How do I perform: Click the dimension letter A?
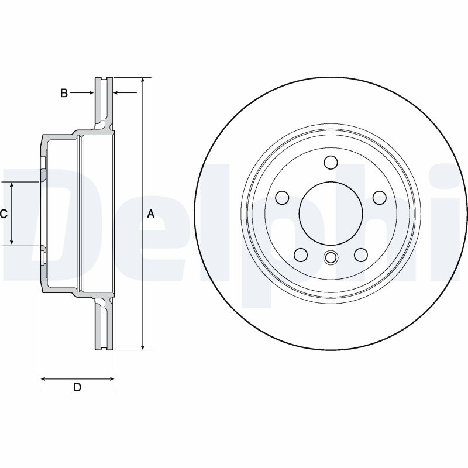pyautogui.click(x=150, y=214)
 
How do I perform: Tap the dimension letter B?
pyautogui.click(x=64, y=92)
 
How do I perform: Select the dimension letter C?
pyautogui.click(x=4, y=214)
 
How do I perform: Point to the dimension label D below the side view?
pyautogui.click(x=77, y=387)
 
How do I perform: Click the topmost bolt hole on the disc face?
pyautogui.click(x=331, y=162)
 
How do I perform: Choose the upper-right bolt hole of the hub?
pyautogui.click(x=378, y=197)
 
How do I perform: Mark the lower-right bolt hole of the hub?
pyautogui.click(x=360, y=254)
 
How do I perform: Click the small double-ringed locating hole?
pyautogui.click(x=331, y=257)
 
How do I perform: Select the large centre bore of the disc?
pyautogui.click(x=331, y=213)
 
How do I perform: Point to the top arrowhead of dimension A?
pyautogui.click(x=142, y=80)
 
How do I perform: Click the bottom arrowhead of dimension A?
pyautogui.click(x=142, y=347)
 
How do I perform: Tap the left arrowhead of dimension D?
pyautogui.click(x=43, y=379)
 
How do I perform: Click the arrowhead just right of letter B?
pyautogui.click(x=91, y=92)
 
